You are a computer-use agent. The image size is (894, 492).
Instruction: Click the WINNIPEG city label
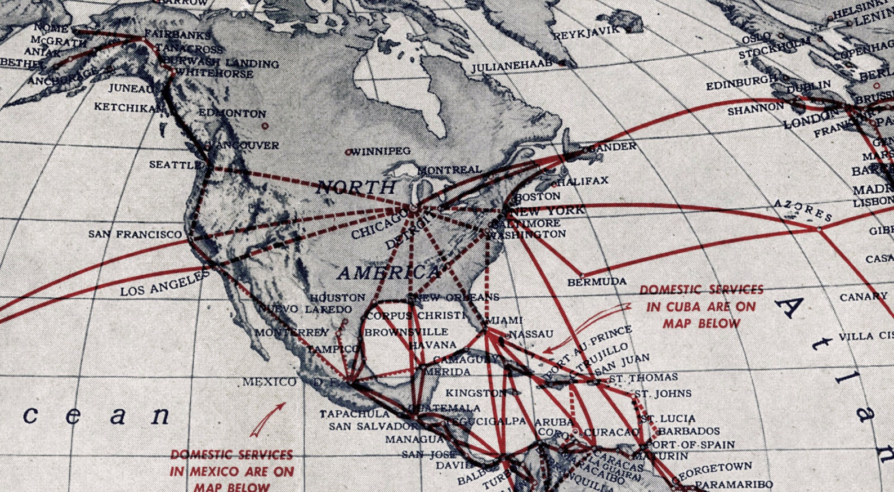pyautogui.click(x=381, y=151)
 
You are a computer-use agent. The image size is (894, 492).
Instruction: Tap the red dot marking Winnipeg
pyautogui.click(x=348, y=152)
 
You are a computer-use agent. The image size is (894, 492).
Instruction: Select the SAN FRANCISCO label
pyautogui.click(x=135, y=234)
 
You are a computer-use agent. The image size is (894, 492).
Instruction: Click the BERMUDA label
pyautogui.click(x=597, y=281)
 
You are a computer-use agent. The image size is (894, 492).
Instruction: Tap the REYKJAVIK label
pyautogui.click(x=585, y=33)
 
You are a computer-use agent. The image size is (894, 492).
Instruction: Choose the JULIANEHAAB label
pyautogui.click(x=512, y=66)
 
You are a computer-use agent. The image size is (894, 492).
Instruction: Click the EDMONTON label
pyautogui.click(x=232, y=113)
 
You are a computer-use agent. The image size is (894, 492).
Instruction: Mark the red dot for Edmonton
pyautogui.click(x=265, y=126)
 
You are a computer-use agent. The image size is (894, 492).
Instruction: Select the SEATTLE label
pyautogui.click(x=175, y=165)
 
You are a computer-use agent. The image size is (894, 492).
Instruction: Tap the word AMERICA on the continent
pyautogui.click(x=388, y=273)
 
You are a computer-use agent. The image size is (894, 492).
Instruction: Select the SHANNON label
pyautogui.click(x=756, y=109)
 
